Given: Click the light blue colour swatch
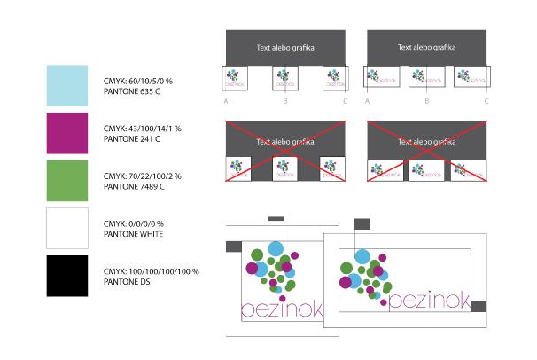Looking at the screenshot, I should pyautogui.click(x=67, y=85).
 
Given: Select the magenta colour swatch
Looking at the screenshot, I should pyautogui.click(x=67, y=133).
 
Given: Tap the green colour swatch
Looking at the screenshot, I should pyautogui.click(x=67, y=180).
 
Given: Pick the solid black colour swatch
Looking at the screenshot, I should pyautogui.click(x=67, y=276).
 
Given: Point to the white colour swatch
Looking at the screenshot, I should pyautogui.click(x=67, y=228).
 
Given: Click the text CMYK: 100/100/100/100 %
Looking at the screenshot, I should pyautogui.click(x=152, y=270).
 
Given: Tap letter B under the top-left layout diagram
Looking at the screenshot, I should pyautogui.click(x=285, y=102).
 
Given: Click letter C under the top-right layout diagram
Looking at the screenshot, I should pyautogui.click(x=486, y=102).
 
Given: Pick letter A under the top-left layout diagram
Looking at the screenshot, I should pyautogui.click(x=227, y=102).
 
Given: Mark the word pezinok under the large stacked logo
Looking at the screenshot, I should pyautogui.click(x=282, y=309).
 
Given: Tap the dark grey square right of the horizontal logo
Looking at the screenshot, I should pyautogui.click(x=479, y=306).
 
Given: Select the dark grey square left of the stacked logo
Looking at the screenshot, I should pyautogui.click(x=234, y=246).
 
